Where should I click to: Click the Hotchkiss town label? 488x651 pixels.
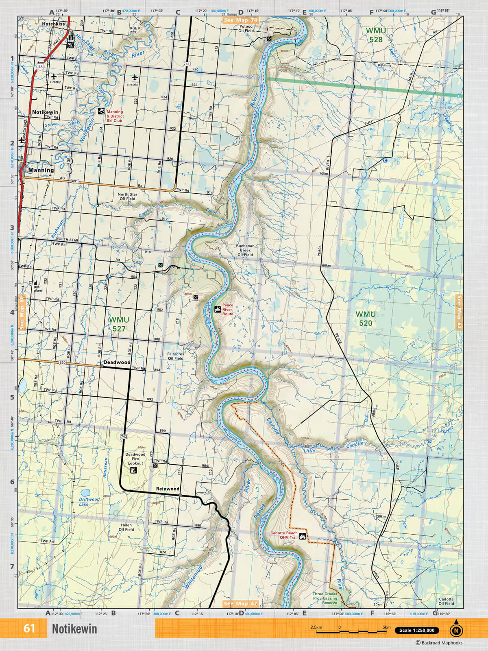point(53,24)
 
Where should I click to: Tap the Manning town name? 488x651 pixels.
point(41,170)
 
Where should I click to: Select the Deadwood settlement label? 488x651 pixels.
point(117,362)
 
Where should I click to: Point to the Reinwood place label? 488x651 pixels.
point(168,489)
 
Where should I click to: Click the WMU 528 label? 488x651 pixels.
point(376,35)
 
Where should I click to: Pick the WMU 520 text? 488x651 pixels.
point(365,319)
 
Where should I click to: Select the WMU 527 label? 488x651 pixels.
point(119,324)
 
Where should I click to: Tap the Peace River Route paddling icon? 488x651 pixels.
point(218,309)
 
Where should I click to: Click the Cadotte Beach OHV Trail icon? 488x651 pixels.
point(303,536)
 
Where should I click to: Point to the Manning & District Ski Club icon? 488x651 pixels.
point(101,111)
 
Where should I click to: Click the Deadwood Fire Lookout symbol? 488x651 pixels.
point(132,470)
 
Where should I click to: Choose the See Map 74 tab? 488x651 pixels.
point(240,20)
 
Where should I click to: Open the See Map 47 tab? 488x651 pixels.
point(240,603)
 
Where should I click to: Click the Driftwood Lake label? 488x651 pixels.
point(89,501)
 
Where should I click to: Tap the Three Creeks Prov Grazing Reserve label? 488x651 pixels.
point(325,598)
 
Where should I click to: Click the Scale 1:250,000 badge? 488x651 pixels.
point(417,630)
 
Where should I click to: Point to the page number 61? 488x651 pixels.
point(29,628)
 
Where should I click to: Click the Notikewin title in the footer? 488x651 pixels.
point(74,629)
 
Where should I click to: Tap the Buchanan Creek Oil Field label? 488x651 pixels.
point(245,250)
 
